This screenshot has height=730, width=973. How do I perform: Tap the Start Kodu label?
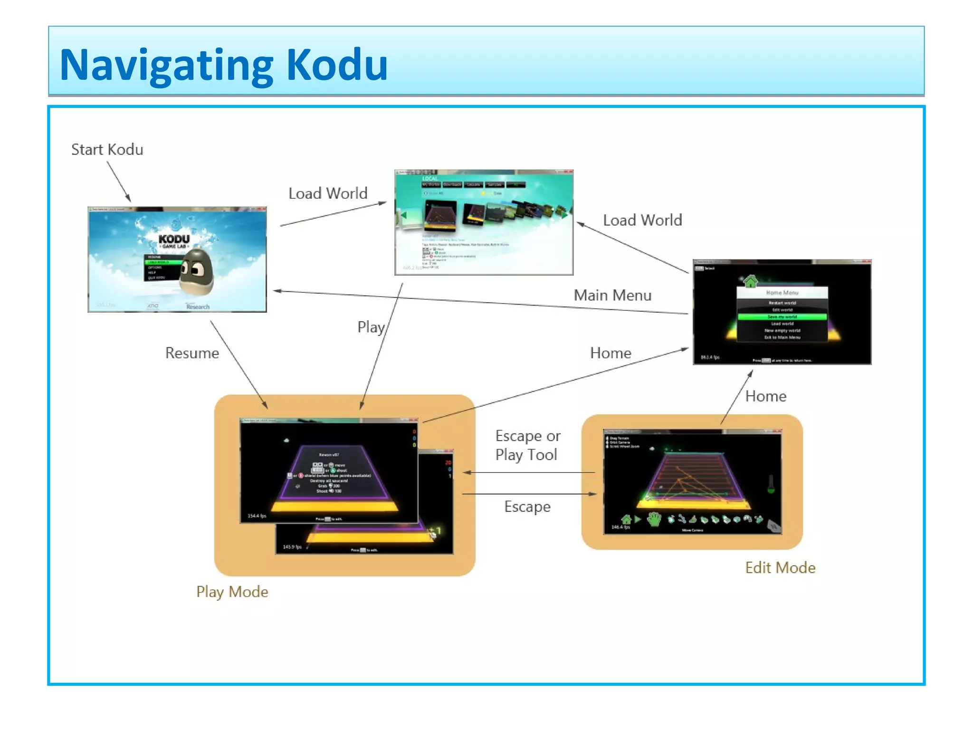click(107, 150)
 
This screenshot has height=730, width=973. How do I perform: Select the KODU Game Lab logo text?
click(174, 240)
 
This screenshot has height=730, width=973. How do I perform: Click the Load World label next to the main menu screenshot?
click(328, 193)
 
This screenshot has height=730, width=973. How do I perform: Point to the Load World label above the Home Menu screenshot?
click(642, 220)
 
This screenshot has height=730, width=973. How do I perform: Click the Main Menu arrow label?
click(612, 295)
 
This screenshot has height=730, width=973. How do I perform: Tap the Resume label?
click(192, 353)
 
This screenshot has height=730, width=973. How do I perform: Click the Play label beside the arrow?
click(371, 327)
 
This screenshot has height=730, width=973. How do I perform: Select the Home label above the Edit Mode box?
click(765, 396)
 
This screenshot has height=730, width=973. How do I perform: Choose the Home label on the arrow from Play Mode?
click(611, 353)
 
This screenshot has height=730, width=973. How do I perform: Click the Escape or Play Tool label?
click(527, 445)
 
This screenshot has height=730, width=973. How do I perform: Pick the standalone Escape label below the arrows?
click(527, 507)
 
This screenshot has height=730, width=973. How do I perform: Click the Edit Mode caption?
click(780, 567)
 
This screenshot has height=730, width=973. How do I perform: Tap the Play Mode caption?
click(232, 592)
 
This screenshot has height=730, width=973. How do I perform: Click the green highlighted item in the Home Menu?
click(782, 317)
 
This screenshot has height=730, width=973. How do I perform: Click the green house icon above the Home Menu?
click(750, 281)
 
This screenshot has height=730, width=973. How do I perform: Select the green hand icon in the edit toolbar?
click(654, 519)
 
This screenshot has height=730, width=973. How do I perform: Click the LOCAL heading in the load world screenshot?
click(429, 179)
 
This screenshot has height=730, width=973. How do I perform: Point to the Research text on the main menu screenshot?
click(198, 307)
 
